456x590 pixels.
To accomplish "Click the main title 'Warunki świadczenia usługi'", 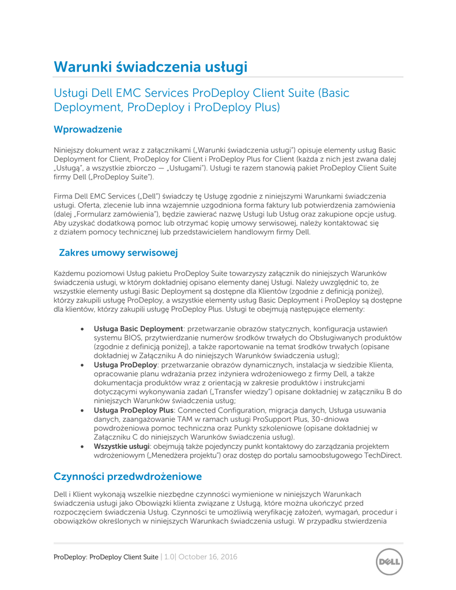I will (150, 67).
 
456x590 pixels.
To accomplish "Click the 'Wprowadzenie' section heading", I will (88, 130).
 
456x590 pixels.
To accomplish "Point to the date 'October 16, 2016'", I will (208, 557).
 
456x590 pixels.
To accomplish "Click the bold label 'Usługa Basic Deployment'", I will (138, 328).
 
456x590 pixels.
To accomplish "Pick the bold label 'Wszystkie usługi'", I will (122, 447).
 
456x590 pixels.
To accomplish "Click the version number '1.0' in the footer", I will (169, 557).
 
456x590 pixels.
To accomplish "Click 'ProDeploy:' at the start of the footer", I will (71, 557).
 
